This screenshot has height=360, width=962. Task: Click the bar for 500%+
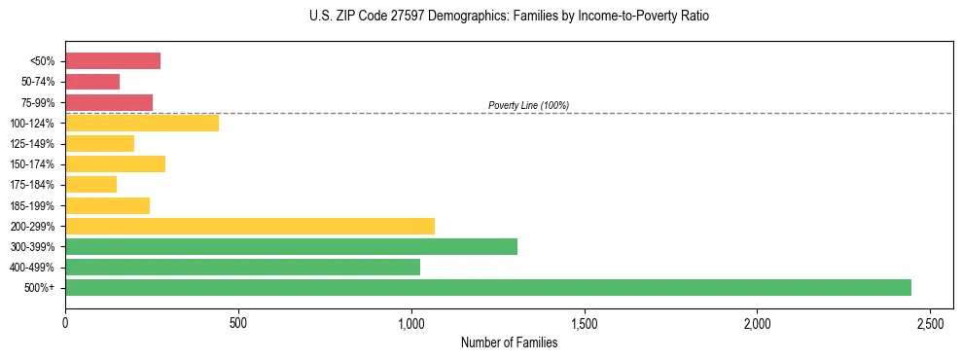(488, 287)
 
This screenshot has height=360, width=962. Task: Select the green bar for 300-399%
(291, 246)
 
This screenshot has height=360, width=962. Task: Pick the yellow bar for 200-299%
(250, 226)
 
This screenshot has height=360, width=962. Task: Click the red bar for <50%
(113, 61)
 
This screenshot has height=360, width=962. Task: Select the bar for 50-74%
(92, 82)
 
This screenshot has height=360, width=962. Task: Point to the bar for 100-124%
(142, 123)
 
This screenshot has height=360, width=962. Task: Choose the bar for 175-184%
(90, 184)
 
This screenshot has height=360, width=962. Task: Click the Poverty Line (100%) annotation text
(528, 105)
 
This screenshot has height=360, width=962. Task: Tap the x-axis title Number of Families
(509, 342)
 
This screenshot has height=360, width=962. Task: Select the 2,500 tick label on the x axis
(930, 322)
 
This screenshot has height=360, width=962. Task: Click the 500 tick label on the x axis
(238, 322)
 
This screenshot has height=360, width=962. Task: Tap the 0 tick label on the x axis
(65, 322)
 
